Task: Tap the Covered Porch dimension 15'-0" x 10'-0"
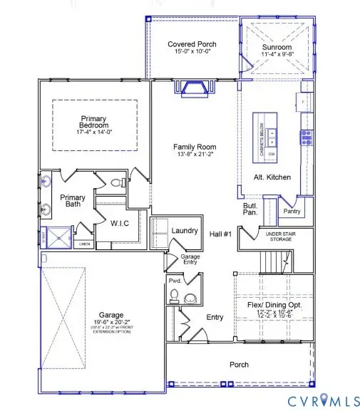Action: tap(192, 53)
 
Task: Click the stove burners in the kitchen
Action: tap(307, 135)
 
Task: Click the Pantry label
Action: tap(292, 211)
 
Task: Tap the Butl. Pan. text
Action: tap(250, 208)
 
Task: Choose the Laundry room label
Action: tap(184, 231)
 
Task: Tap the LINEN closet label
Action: tap(84, 244)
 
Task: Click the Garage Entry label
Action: tap(189, 259)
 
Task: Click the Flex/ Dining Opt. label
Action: tap(274, 305)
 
